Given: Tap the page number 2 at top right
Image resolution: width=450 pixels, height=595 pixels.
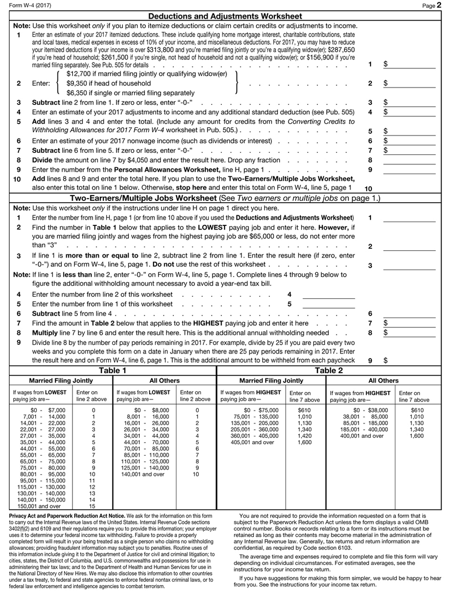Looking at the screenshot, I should [439, 6].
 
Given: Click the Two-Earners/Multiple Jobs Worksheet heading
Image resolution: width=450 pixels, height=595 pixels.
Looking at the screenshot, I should [143, 198].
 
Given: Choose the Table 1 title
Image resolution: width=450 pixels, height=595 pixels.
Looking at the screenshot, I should [112, 371].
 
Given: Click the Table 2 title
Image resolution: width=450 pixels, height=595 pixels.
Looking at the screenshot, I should [329, 371].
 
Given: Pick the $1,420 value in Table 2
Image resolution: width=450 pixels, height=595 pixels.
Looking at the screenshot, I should [305, 436].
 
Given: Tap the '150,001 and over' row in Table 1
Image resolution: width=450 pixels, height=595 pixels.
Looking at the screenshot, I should [39, 506].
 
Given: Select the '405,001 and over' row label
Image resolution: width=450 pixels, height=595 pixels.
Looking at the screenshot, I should [252, 442].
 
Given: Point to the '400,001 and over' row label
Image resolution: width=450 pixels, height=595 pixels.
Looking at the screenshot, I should [362, 436].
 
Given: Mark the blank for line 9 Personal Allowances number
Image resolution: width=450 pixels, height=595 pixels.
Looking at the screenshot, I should [409, 170].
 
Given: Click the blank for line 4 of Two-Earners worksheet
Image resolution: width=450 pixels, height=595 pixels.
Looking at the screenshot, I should [328, 295].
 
